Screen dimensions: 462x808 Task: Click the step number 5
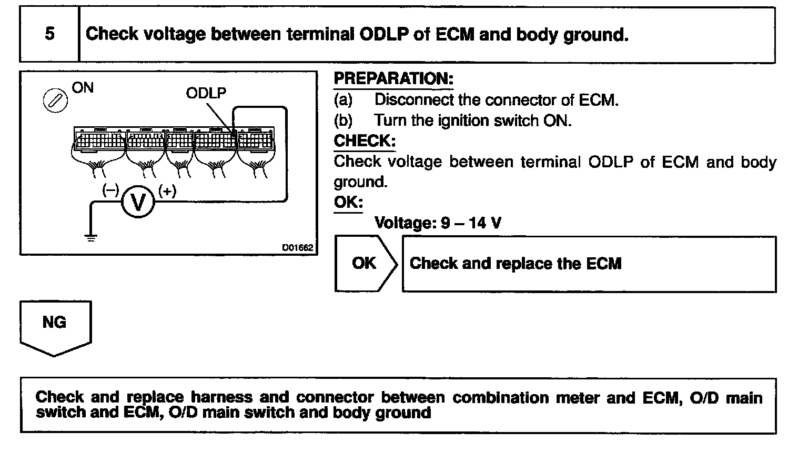coord(49,34)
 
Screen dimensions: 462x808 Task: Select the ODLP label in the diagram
coord(206,93)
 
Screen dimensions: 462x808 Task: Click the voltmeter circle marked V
coord(138,202)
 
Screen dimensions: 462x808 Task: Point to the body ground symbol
coord(91,237)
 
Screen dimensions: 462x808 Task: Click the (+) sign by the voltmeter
coord(167,191)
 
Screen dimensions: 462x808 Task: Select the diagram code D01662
coord(298,247)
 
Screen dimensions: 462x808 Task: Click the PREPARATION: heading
coord(393,79)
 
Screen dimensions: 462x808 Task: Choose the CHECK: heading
coord(365,141)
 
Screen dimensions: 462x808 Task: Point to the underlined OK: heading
coord(348,203)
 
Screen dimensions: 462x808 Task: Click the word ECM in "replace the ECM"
coord(604,264)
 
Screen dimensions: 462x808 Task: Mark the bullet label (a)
coord(344,100)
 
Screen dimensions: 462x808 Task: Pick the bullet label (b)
coord(344,120)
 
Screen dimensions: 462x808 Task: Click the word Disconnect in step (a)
coord(414,100)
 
